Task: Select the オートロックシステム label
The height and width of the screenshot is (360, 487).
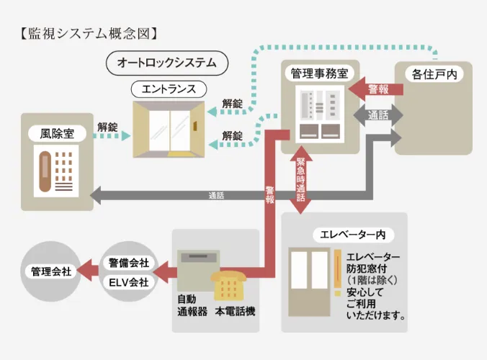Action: pyautogui.click(x=166, y=63)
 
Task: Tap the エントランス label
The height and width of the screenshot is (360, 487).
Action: pyautogui.click(x=169, y=89)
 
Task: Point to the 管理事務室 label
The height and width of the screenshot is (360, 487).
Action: pyautogui.click(x=320, y=73)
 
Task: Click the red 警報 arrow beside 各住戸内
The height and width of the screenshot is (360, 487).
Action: pyautogui.click(x=370, y=89)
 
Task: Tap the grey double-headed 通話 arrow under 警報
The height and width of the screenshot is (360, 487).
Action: pyautogui.click(x=377, y=115)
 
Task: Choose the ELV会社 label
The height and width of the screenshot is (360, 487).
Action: pyautogui.click(x=128, y=282)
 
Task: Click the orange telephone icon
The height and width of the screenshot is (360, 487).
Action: pyautogui.click(x=229, y=285)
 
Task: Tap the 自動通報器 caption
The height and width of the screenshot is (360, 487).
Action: pyautogui.click(x=192, y=305)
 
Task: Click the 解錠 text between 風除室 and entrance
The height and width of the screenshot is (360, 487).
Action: pyautogui.click(x=107, y=126)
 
